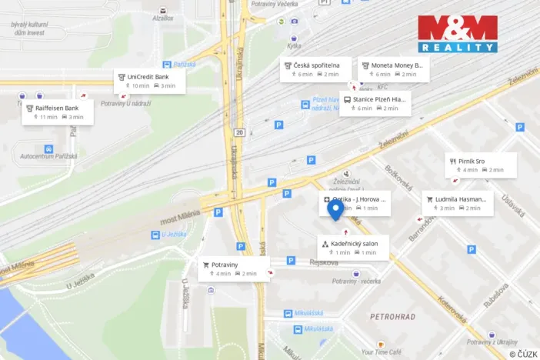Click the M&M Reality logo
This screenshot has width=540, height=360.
(457, 34)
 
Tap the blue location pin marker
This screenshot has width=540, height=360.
(335, 210)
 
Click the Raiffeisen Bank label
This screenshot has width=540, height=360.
(58, 112)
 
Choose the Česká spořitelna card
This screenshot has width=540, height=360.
(315, 69)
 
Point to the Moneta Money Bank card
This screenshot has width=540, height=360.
(393, 69)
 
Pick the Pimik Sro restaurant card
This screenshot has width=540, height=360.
(480, 165)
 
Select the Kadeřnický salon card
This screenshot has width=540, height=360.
(353, 247)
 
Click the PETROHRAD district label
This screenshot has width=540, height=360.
(392, 316)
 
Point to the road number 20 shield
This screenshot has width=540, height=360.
(240, 132)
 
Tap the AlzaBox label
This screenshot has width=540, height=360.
(163, 18)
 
